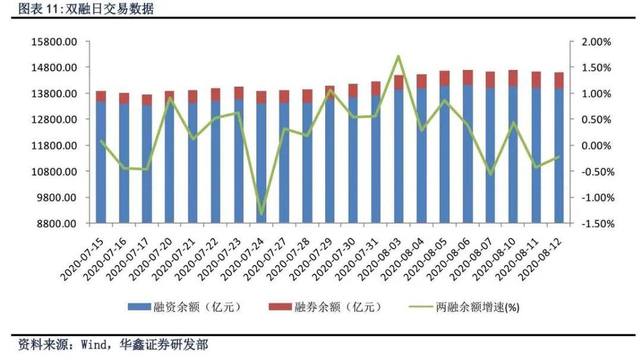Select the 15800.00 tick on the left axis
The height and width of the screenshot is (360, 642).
point(54,42)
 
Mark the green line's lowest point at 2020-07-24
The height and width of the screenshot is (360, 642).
point(261,214)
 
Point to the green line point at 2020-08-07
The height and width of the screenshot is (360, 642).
point(490,174)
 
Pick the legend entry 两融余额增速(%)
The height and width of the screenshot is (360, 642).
point(467,307)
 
